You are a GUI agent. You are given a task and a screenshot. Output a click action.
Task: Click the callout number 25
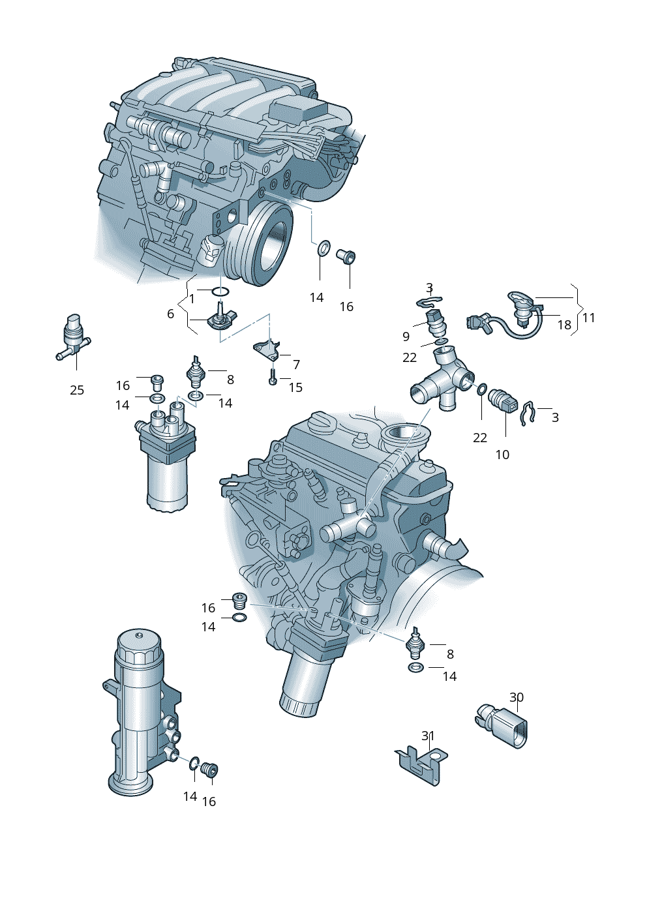[77, 390]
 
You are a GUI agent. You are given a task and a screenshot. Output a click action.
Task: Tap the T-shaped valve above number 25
[73, 337]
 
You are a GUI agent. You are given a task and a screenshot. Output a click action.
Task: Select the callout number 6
[170, 314]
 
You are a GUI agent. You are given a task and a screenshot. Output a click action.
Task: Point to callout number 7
[297, 364]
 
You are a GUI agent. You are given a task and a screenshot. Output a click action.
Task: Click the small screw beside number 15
[273, 376]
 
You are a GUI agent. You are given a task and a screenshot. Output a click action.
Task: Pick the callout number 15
[295, 387]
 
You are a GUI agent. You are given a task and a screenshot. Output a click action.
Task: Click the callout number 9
[406, 336]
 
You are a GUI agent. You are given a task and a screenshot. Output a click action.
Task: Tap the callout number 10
[502, 454]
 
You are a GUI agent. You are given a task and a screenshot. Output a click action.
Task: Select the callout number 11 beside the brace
[588, 318]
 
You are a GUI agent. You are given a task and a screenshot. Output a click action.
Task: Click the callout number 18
[564, 325]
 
